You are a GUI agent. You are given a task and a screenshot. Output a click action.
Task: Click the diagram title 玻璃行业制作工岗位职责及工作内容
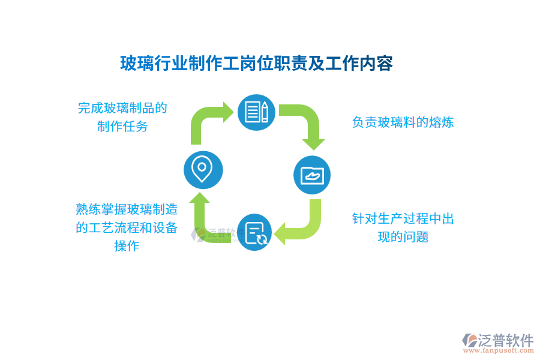pyautogui.click(x=256, y=63)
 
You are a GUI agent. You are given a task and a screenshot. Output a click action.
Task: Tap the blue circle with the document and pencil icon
pyautogui.click(x=257, y=112)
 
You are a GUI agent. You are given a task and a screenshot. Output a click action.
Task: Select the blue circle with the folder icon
pyautogui.click(x=312, y=175)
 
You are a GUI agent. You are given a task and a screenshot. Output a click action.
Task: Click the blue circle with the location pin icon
pyautogui.click(x=203, y=170)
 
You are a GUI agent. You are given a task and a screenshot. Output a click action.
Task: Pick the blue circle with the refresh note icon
pyautogui.click(x=254, y=232)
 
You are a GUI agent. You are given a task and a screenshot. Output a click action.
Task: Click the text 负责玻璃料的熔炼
pyautogui.click(x=403, y=122)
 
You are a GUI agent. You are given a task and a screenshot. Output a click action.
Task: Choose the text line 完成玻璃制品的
pyautogui.click(x=122, y=108)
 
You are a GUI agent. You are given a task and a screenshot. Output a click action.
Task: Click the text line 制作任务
pyautogui.click(x=122, y=127)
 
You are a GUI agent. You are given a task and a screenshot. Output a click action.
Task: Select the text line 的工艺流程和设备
pyautogui.click(x=127, y=227)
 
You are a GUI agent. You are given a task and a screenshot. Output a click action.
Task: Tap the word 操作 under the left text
pyautogui.click(x=127, y=246)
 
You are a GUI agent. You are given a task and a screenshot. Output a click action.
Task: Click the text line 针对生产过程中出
pyautogui.click(x=403, y=218)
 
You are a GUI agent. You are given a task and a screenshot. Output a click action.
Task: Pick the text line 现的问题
pyautogui.click(x=403, y=237)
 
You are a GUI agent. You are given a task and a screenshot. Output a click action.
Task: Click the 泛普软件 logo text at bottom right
pyautogui.click(x=505, y=340)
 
